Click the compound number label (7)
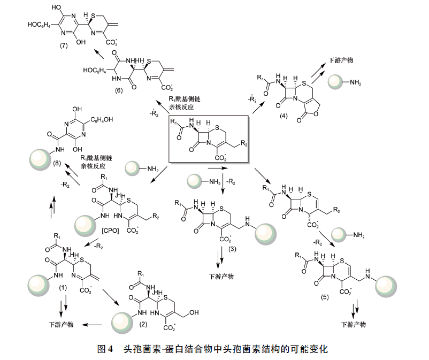(64, 45)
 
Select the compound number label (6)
(118, 90)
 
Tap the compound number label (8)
(57, 163)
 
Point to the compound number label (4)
(284, 116)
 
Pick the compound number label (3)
(232, 249)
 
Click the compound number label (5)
(325, 297)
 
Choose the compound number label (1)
(63, 287)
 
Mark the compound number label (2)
(143, 324)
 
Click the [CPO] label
(110, 231)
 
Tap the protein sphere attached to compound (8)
(40, 160)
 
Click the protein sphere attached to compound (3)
(266, 234)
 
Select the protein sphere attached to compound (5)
(386, 287)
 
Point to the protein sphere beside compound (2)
(122, 323)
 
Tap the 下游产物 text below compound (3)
(221, 277)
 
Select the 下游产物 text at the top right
(341, 60)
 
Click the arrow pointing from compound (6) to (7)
(99, 53)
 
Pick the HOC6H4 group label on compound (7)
(39, 25)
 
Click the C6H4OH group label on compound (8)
(102, 119)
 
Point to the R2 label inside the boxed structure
(244, 143)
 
